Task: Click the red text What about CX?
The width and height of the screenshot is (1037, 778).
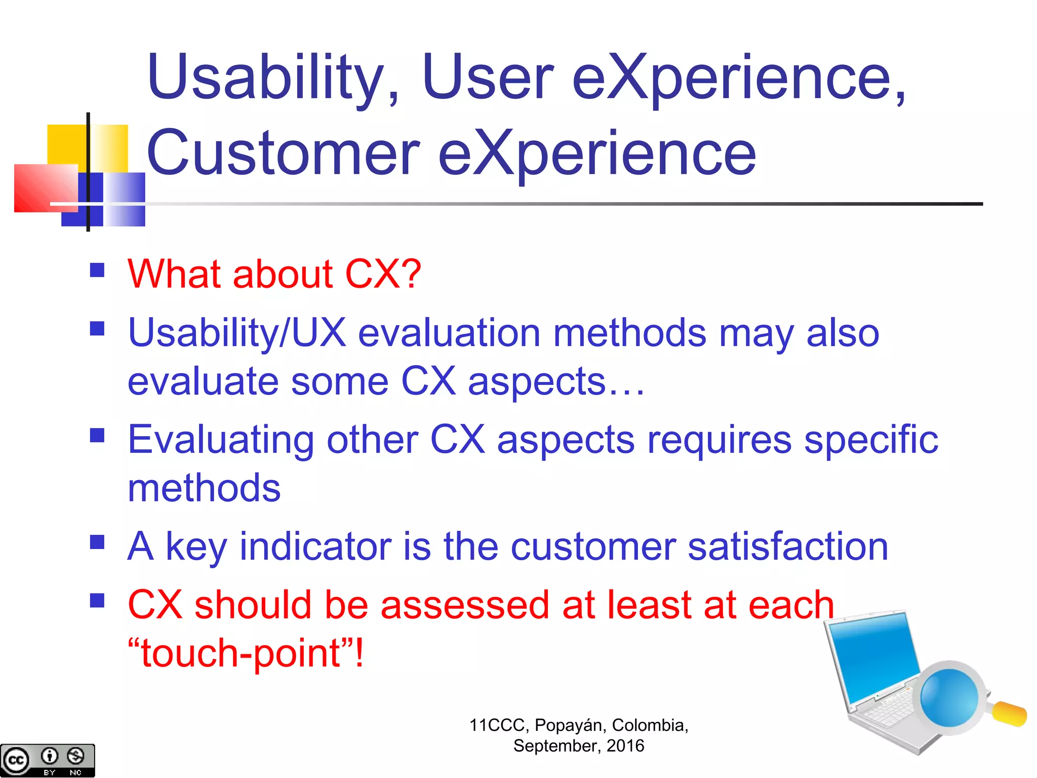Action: coord(274,274)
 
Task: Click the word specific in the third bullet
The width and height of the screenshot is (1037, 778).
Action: coord(871,440)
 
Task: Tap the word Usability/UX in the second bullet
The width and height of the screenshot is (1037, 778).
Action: coord(237,333)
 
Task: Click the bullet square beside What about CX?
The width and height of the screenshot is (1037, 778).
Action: coord(97,270)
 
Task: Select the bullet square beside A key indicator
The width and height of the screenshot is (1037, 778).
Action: coord(97,542)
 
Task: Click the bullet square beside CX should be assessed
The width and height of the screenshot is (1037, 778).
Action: coord(97,601)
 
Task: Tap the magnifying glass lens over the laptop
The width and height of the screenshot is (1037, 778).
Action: coord(949,698)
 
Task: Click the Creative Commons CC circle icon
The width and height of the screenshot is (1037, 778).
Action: coord(16,760)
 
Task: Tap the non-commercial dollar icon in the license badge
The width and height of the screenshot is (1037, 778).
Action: coord(76,756)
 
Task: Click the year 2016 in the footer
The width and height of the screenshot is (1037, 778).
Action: coord(625,746)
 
